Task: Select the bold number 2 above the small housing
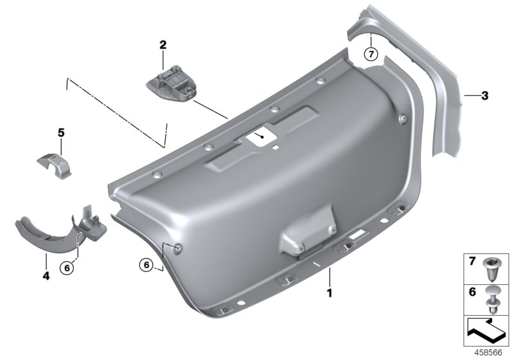pyautogui.click(x=163, y=45)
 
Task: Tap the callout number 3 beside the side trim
pyautogui.click(x=485, y=96)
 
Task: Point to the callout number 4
pyautogui.click(x=46, y=276)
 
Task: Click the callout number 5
pyautogui.click(x=62, y=133)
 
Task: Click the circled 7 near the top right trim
pyautogui.click(x=371, y=53)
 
